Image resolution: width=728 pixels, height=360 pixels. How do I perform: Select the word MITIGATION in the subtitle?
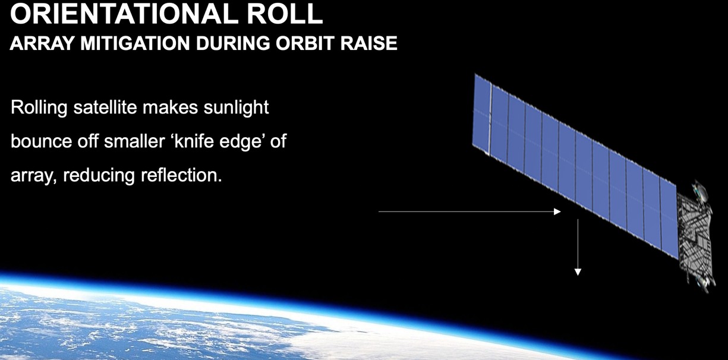tap(135, 43)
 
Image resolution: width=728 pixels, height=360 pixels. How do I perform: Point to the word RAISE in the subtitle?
tap(369, 43)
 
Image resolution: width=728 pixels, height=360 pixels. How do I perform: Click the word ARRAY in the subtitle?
tap(42, 43)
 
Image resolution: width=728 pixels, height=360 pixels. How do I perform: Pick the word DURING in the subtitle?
tap(233, 43)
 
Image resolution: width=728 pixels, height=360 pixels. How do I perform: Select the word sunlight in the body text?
tap(237, 107)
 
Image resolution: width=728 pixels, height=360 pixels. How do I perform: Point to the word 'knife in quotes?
tap(192, 141)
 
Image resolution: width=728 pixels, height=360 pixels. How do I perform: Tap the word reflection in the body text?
tap(181, 175)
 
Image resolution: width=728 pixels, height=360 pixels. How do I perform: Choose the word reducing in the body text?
tap(99, 176)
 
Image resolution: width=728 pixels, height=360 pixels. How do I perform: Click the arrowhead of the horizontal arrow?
tap(557, 211)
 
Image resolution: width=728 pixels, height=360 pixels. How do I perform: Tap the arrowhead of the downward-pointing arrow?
tap(578, 272)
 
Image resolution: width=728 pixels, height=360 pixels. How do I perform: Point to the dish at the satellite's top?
tap(699, 191)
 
